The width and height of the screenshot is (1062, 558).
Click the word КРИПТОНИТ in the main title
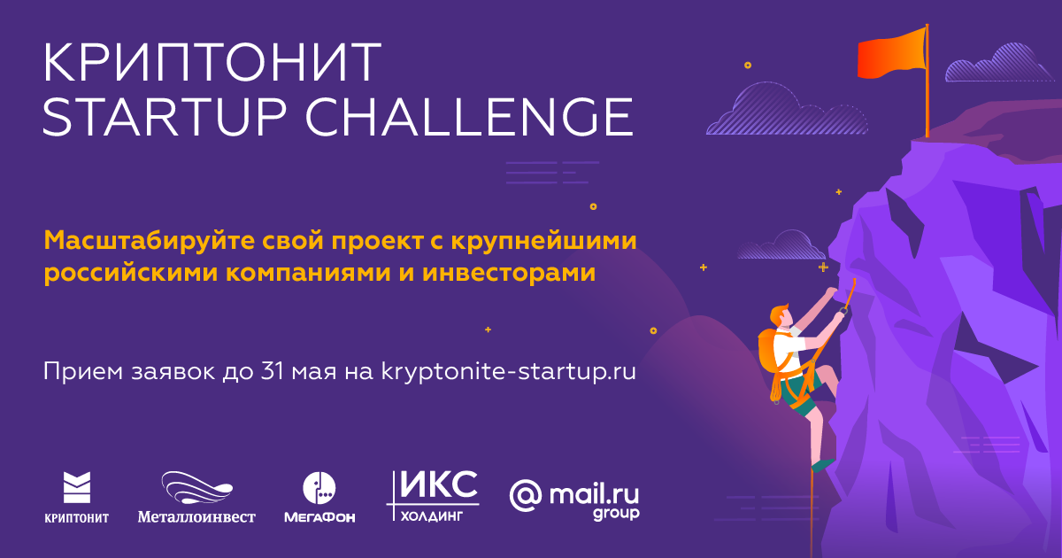[x=212, y=63]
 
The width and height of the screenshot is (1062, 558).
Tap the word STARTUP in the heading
[x=165, y=117]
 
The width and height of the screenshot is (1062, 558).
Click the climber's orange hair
[x=779, y=314]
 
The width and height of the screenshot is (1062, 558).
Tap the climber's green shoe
[x=823, y=464]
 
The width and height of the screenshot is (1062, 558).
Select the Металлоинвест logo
[x=196, y=497]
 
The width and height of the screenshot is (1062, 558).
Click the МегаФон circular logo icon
[x=319, y=488]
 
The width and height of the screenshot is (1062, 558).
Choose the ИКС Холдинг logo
[x=433, y=496]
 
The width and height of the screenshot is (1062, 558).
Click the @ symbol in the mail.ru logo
[x=526, y=496]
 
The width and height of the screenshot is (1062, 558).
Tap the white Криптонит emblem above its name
[x=77, y=487]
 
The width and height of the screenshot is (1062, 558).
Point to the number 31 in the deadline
[x=272, y=371]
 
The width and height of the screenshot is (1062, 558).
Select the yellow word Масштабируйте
[x=150, y=241]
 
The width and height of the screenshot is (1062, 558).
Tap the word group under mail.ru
[x=616, y=514]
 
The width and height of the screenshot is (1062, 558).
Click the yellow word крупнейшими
[x=543, y=242]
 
